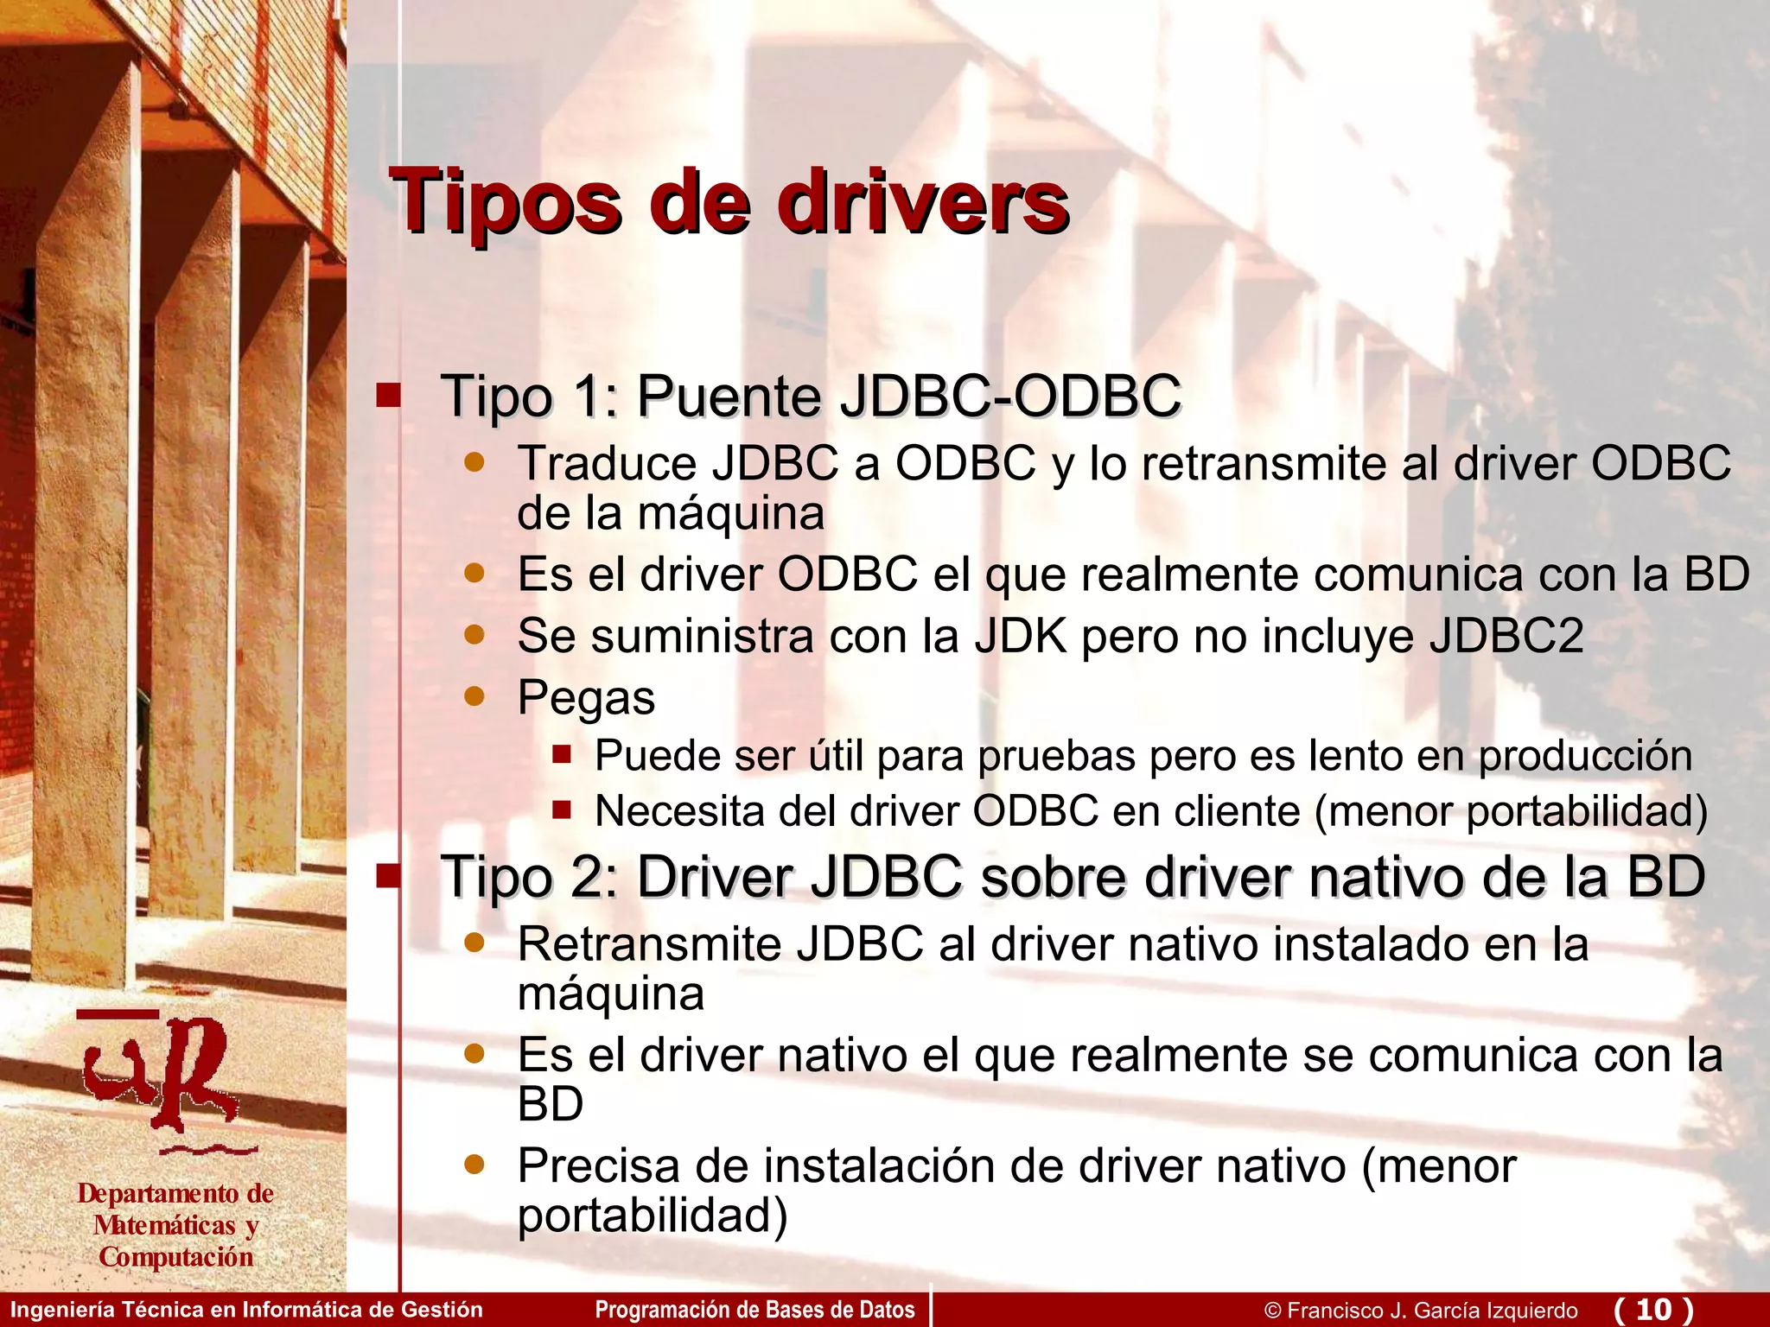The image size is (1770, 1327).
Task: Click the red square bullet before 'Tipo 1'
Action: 388,396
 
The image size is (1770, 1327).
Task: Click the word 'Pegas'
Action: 586,698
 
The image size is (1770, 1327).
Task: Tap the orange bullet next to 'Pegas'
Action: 474,695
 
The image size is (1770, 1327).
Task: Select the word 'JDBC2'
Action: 1506,636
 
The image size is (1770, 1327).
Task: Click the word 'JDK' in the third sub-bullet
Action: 1021,636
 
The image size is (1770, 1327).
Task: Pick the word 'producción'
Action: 1584,757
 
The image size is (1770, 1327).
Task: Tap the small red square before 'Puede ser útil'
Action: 562,755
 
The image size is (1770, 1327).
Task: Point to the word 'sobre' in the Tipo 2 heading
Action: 1053,878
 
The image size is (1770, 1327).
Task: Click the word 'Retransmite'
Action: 648,944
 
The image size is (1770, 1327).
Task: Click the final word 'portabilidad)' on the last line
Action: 653,1216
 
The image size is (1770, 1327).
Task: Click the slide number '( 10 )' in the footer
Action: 1652,1310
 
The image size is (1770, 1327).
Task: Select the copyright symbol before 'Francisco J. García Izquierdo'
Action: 1272,1311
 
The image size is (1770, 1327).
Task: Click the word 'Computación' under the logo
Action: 176,1257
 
